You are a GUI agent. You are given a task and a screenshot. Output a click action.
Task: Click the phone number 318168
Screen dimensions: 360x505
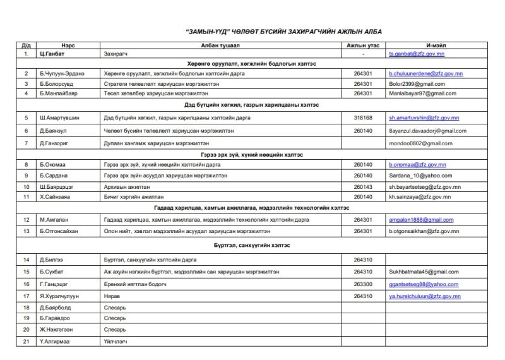[x=364, y=117]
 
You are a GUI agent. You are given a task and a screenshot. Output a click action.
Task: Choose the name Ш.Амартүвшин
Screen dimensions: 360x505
[x=61, y=117]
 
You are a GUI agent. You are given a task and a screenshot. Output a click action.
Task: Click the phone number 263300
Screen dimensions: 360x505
[x=364, y=284]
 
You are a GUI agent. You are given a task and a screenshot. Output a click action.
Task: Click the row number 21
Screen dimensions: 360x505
[x=27, y=342]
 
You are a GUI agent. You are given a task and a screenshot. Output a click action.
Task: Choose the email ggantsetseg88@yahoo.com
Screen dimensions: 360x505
[x=419, y=284]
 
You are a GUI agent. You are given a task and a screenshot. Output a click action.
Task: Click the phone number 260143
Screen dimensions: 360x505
[x=364, y=187]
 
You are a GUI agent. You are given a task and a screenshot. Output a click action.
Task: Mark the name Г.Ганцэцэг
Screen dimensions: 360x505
[x=56, y=284]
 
